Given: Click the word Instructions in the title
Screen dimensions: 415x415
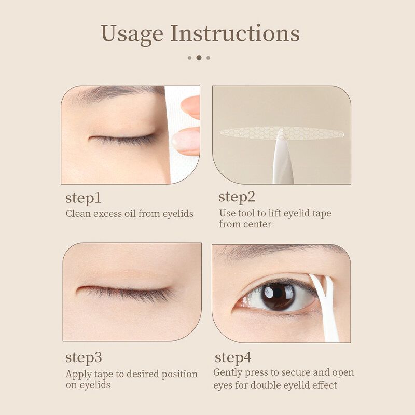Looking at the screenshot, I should (235, 33).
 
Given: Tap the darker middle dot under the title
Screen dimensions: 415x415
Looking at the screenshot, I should (199, 58).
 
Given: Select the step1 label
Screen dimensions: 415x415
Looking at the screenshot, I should (83, 198).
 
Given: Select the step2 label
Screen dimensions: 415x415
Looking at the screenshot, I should (237, 197).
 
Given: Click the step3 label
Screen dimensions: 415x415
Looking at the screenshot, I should (83, 358).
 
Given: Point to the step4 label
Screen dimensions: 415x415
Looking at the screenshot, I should (233, 357).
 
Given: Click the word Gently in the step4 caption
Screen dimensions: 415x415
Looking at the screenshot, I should (227, 373).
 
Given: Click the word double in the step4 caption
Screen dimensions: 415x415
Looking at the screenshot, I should (267, 385).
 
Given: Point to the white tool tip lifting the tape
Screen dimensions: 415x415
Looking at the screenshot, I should (281, 136).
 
